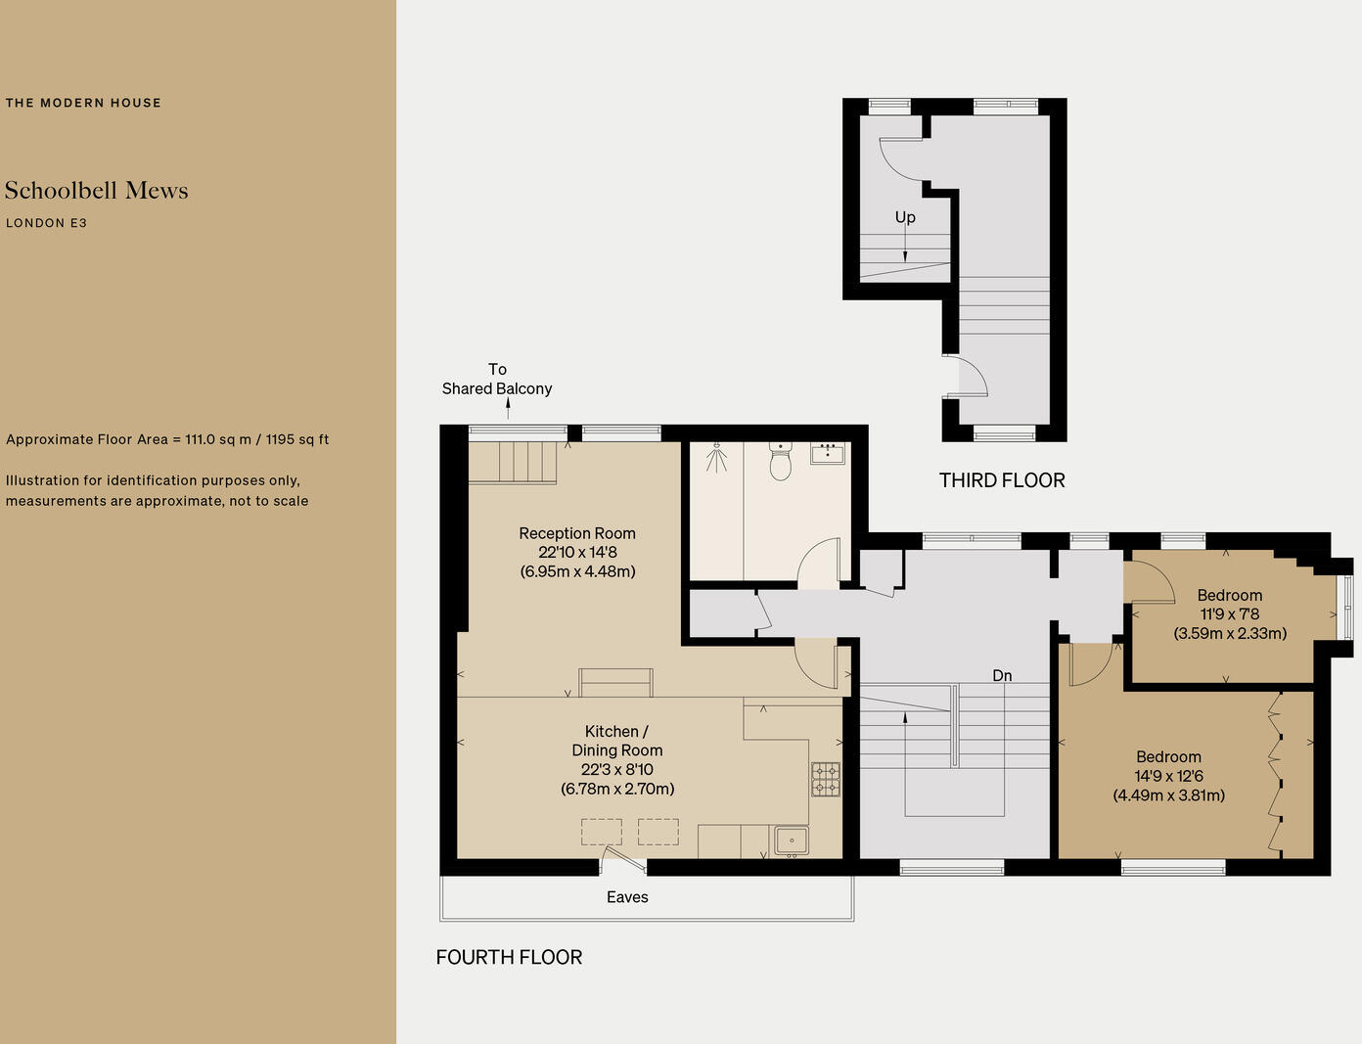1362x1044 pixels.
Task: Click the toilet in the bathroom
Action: coord(780,462)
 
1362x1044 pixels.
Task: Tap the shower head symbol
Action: coord(717,453)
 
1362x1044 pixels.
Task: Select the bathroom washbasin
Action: coord(828,452)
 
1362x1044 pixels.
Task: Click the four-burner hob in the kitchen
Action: coord(825,779)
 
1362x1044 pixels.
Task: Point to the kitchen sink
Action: coord(791,840)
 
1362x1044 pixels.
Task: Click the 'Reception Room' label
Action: coord(577,533)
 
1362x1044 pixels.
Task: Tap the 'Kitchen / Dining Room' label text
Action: coord(616,741)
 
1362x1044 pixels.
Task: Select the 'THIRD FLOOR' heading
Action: coord(1002,480)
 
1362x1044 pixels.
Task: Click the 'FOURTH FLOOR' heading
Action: coord(509,957)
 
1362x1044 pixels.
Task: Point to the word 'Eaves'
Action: coord(627,897)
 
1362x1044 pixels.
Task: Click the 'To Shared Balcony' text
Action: coord(497,379)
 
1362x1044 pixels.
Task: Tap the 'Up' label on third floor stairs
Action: coord(905,217)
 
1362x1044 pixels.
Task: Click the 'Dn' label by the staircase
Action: coord(1002,676)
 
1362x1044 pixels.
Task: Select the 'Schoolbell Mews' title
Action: coord(96,191)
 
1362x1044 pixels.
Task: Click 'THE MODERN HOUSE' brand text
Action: coord(83,103)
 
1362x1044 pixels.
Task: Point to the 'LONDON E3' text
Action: coord(46,223)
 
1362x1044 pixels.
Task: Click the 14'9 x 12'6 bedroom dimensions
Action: coord(1168,776)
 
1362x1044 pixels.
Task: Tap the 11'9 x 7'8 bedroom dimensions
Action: coord(1230,614)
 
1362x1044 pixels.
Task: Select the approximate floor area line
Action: coord(167,439)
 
